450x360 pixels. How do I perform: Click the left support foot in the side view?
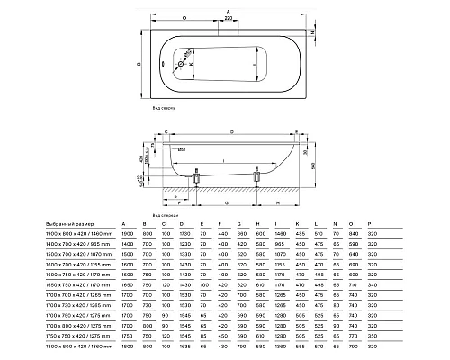tap(193, 180)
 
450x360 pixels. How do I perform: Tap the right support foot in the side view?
tap(258, 180)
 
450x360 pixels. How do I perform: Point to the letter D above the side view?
tap(232, 131)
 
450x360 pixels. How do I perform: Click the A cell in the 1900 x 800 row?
tap(123, 235)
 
